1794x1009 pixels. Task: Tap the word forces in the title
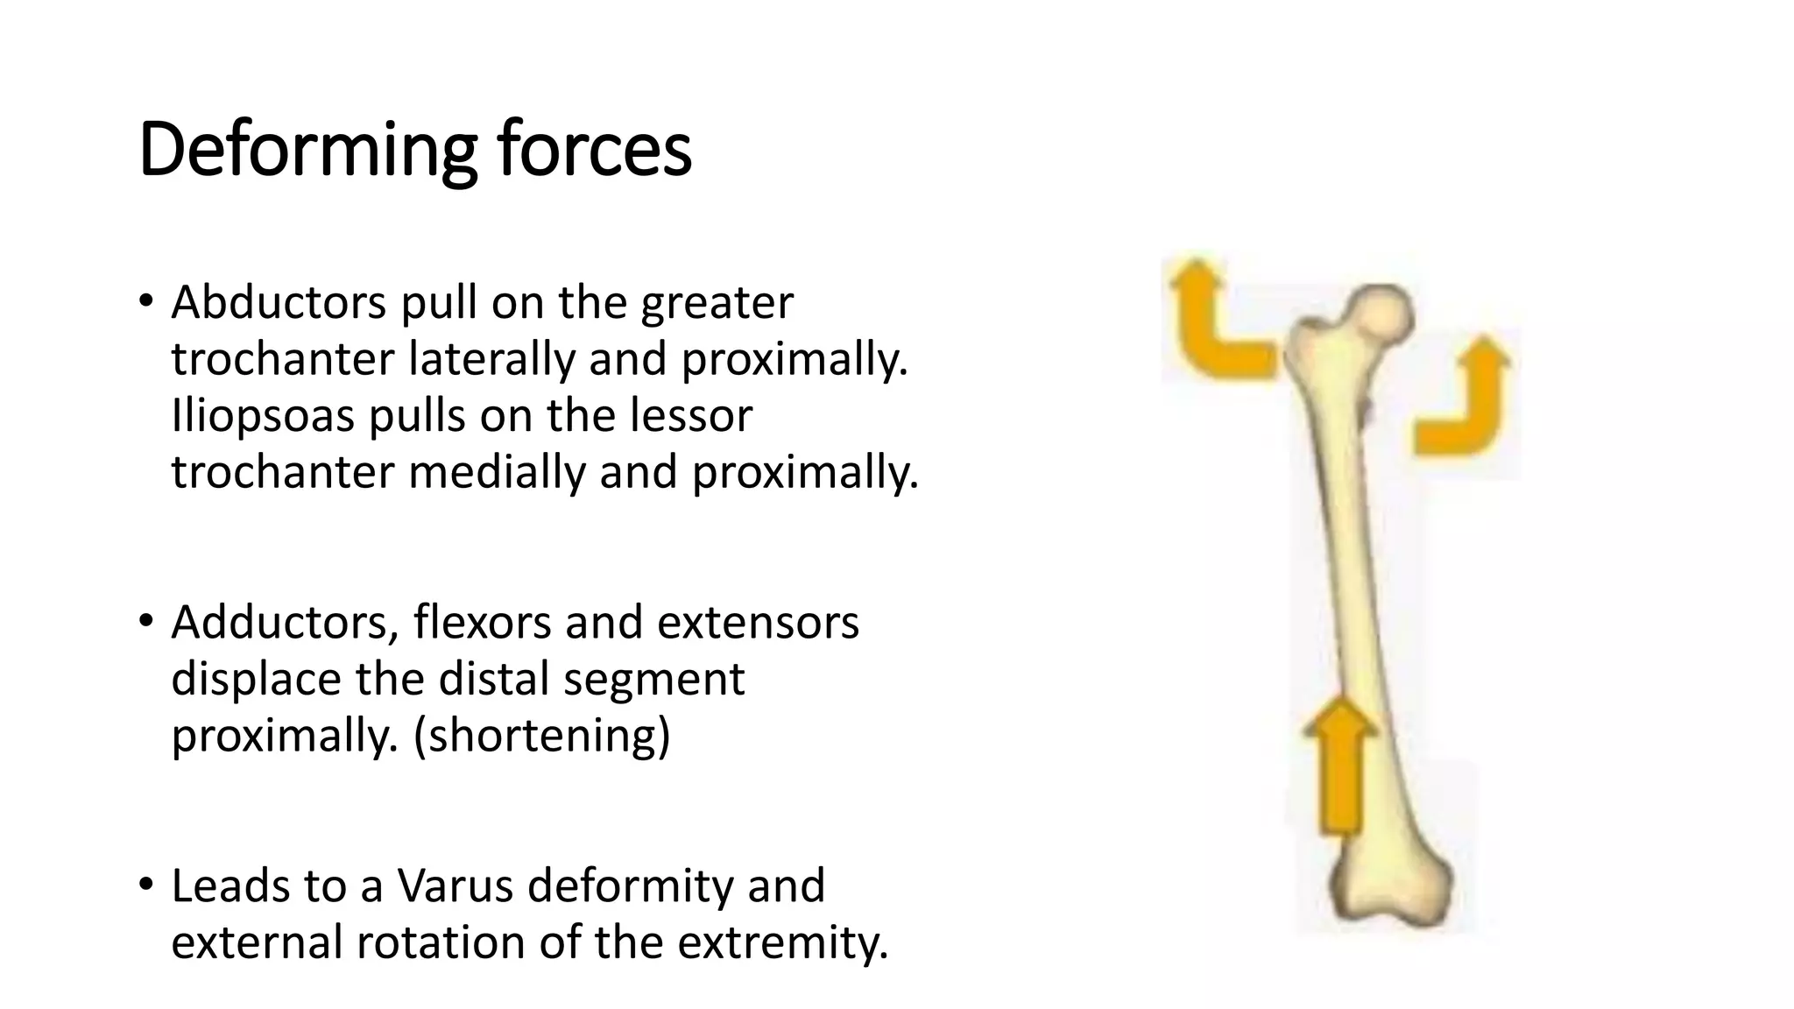(595, 151)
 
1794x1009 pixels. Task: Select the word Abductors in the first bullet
(279, 303)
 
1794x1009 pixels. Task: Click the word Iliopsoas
(263, 415)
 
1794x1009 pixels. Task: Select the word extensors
(758, 623)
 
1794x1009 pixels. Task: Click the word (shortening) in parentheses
(541, 736)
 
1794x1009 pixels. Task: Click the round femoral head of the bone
(1381, 314)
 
